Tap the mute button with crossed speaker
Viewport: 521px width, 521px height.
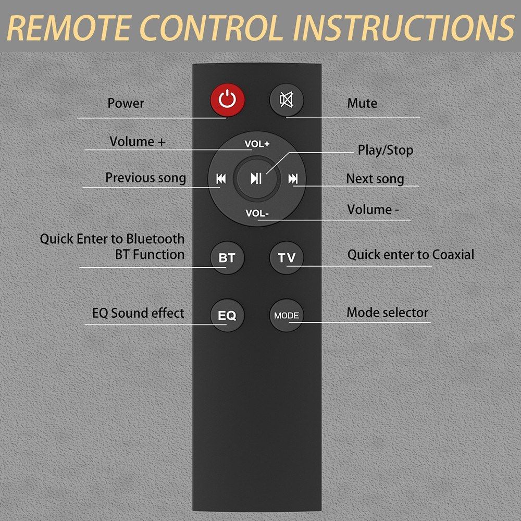[x=287, y=100]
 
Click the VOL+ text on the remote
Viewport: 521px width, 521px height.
[x=257, y=144]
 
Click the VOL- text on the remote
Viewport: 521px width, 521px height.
[x=257, y=213]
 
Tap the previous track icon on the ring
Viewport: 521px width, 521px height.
[x=221, y=179]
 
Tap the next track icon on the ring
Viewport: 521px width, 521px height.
[x=293, y=179]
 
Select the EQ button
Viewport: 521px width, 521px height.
[x=227, y=315]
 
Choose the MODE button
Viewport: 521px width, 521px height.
[x=287, y=315]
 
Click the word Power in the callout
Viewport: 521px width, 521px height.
[x=126, y=103]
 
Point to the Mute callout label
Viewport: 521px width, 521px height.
[x=362, y=103]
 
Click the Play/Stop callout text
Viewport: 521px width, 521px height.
[x=386, y=150]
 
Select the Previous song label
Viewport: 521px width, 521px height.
[x=145, y=178]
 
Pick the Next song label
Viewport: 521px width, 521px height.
[x=375, y=179]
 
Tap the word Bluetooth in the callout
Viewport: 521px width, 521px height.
[x=155, y=239]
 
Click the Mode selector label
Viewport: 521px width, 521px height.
[x=388, y=312]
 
